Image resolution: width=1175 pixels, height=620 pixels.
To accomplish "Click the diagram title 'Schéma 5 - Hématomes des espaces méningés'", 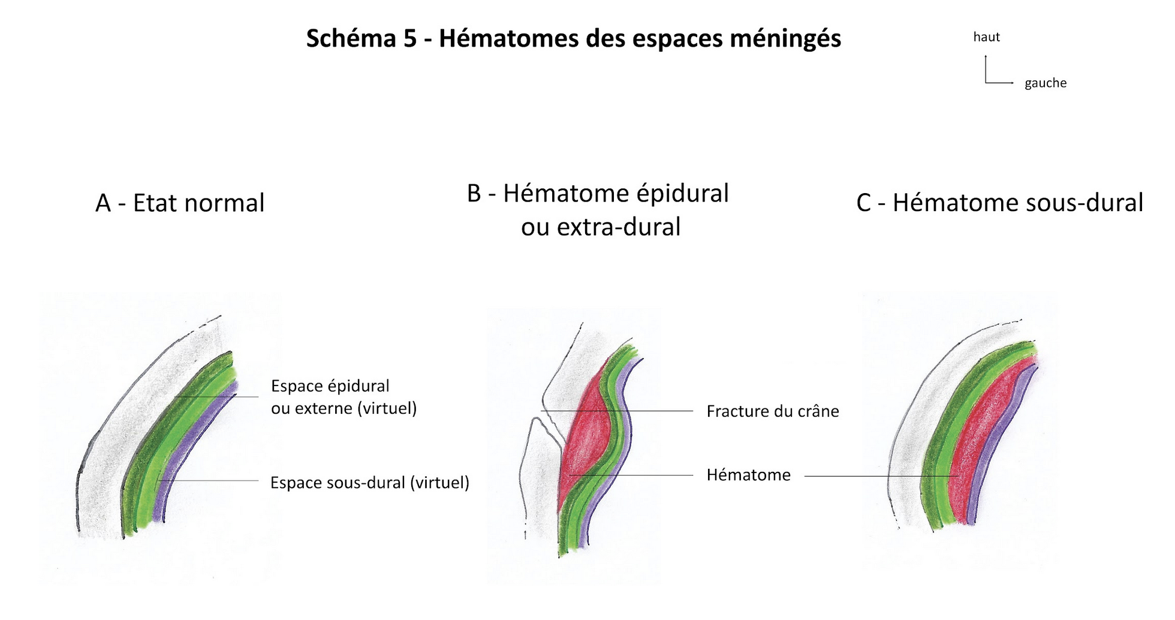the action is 574,38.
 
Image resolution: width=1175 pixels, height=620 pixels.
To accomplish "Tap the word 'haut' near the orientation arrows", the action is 987,37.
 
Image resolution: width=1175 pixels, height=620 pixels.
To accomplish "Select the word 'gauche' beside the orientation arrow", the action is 1046,83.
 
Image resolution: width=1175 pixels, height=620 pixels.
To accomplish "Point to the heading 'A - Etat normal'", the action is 180,203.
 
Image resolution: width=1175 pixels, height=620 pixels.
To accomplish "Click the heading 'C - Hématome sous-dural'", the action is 1000,203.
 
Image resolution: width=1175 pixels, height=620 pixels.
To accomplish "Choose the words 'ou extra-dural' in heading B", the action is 601,227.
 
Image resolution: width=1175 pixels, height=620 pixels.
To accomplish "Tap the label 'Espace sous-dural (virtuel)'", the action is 370,483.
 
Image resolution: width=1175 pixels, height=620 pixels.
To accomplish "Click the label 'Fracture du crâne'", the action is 773,411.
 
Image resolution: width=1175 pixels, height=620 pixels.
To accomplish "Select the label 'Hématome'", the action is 749,475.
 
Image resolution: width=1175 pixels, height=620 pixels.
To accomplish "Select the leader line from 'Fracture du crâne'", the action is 617,411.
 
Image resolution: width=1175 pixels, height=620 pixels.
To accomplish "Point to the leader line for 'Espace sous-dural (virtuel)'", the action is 207,481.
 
